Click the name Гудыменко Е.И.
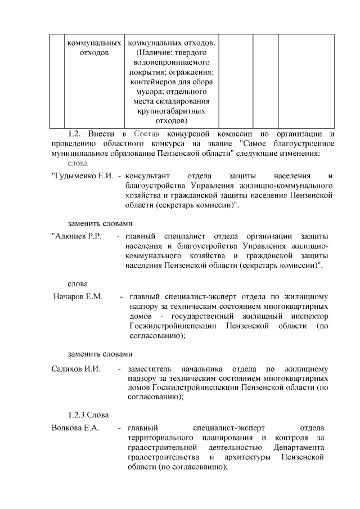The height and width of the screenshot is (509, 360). coord(83,176)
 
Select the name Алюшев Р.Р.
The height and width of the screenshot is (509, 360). coord(76,236)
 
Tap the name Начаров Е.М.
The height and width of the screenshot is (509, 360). coord(78,296)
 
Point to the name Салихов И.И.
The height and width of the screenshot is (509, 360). coord(75,369)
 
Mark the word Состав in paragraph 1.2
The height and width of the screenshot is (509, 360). coord(147,134)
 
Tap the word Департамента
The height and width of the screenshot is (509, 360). coord(299,448)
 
